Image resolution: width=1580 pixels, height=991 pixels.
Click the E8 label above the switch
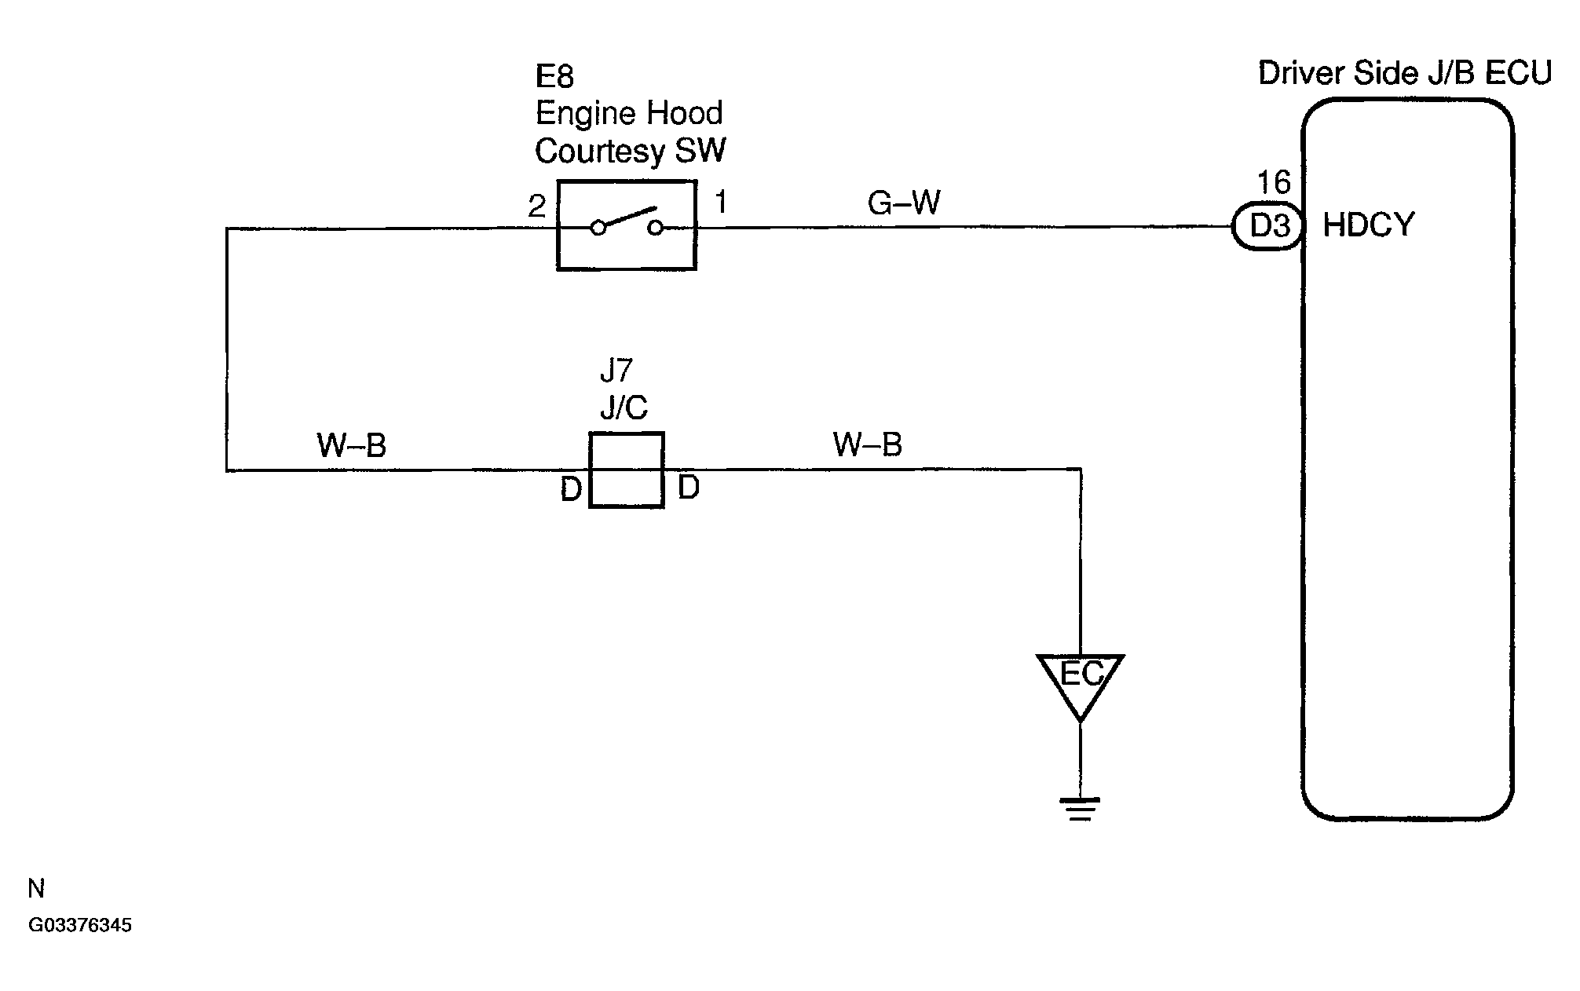click(x=554, y=76)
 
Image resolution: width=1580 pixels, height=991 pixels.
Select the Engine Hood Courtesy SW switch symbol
click(x=627, y=225)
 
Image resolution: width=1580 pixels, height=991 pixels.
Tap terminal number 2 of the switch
click(x=536, y=207)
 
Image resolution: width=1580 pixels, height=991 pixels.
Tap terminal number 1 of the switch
click(x=721, y=203)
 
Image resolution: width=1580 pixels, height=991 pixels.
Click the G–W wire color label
click(x=904, y=203)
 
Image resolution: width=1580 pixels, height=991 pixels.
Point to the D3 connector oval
click(x=1267, y=226)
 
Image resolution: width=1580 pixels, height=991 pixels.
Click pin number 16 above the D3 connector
click(x=1274, y=183)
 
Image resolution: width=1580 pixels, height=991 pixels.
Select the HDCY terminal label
click(x=1369, y=225)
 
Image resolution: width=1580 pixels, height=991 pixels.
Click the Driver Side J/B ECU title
click(x=1405, y=73)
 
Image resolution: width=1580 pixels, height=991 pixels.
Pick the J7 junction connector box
click(x=627, y=470)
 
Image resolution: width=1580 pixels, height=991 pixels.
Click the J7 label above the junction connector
click(x=616, y=370)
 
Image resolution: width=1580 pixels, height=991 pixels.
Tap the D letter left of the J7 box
click(x=571, y=489)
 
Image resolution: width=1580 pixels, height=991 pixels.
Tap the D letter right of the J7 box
click(x=688, y=488)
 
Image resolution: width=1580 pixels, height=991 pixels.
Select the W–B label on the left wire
click(x=352, y=446)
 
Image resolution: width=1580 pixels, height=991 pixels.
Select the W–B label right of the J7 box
click(x=868, y=445)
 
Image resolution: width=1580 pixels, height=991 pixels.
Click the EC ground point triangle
click(x=1081, y=679)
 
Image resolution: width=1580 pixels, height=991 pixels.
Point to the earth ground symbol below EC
click(x=1081, y=809)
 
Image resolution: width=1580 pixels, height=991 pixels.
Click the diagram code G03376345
click(x=80, y=925)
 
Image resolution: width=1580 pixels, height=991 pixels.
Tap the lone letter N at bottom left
click(x=36, y=889)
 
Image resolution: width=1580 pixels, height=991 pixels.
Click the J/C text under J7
click(x=624, y=408)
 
